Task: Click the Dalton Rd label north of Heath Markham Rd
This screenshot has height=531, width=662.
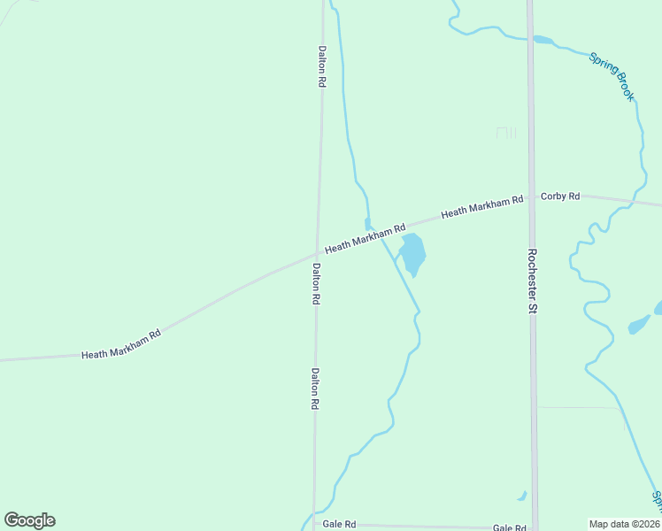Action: click(x=321, y=65)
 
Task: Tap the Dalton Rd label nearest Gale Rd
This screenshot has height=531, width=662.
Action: click(x=314, y=389)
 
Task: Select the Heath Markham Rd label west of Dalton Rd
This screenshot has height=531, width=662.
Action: click(x=121, y=353)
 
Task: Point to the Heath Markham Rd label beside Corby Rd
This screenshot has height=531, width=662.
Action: click(x=481, y=208)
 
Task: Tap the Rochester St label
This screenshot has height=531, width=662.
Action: click(x=533, y=281)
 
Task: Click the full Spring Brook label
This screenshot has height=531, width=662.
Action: click(x=612, y=76)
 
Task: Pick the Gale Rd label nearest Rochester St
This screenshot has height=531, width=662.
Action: click(x=510, y=527)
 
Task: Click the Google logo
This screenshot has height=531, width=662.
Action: click(x=29, y=520)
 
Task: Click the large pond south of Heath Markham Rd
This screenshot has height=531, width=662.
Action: click(x=412, y=254)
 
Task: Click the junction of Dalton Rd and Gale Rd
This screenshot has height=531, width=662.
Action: click(x=313, y=524)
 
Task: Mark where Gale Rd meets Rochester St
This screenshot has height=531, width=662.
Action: click(x=534, y=527)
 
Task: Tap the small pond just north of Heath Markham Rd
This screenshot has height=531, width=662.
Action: click(x=368, y=224)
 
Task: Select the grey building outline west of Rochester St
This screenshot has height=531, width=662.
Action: click(x=505, y=133)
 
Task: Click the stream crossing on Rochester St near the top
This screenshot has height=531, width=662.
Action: click(x=530, y=39)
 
